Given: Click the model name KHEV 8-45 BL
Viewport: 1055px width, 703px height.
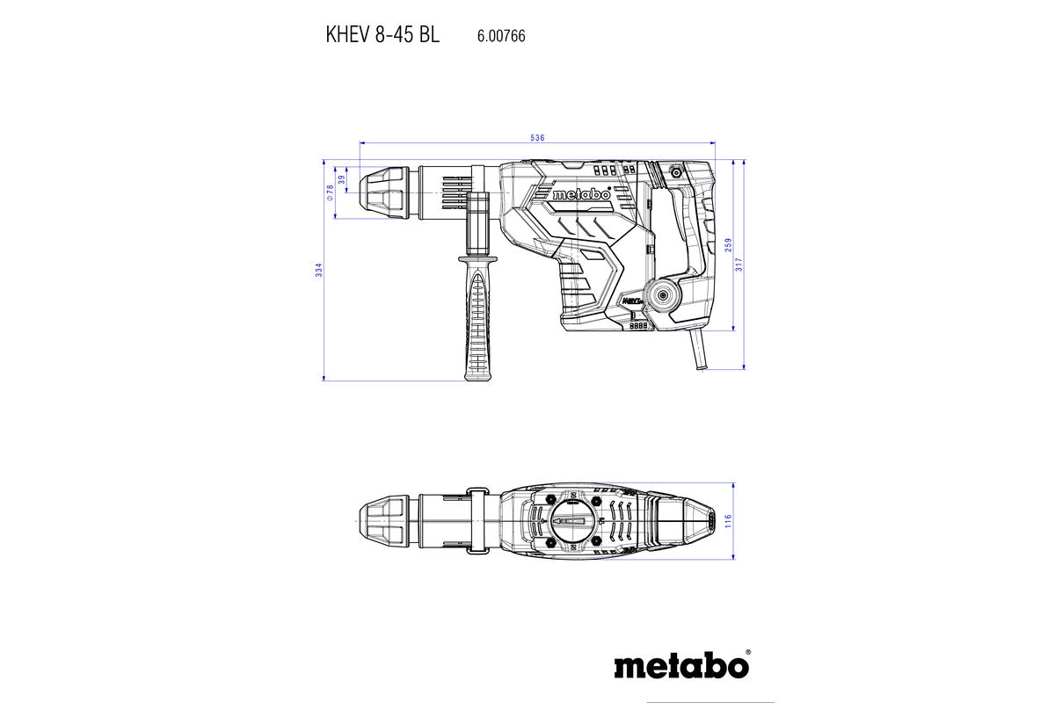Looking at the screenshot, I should (x=382, y=36).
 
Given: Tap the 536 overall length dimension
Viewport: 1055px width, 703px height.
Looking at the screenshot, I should (x=538, y=138).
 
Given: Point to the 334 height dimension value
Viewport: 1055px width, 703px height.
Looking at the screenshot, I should (x=319, y=271).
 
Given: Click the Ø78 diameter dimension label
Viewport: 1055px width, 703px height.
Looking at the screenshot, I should (x=331, y=193).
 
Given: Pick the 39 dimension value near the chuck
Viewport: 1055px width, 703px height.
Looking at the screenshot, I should (x=341, y=180).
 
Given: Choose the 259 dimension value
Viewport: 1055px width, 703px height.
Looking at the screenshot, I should (x=728, y=246).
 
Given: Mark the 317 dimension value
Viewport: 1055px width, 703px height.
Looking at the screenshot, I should (x=739, y=264).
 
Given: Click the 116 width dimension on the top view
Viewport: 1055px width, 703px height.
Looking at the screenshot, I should (x=728, y=522).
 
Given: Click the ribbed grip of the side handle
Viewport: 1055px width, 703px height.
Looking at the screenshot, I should (x=477, y=325).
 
